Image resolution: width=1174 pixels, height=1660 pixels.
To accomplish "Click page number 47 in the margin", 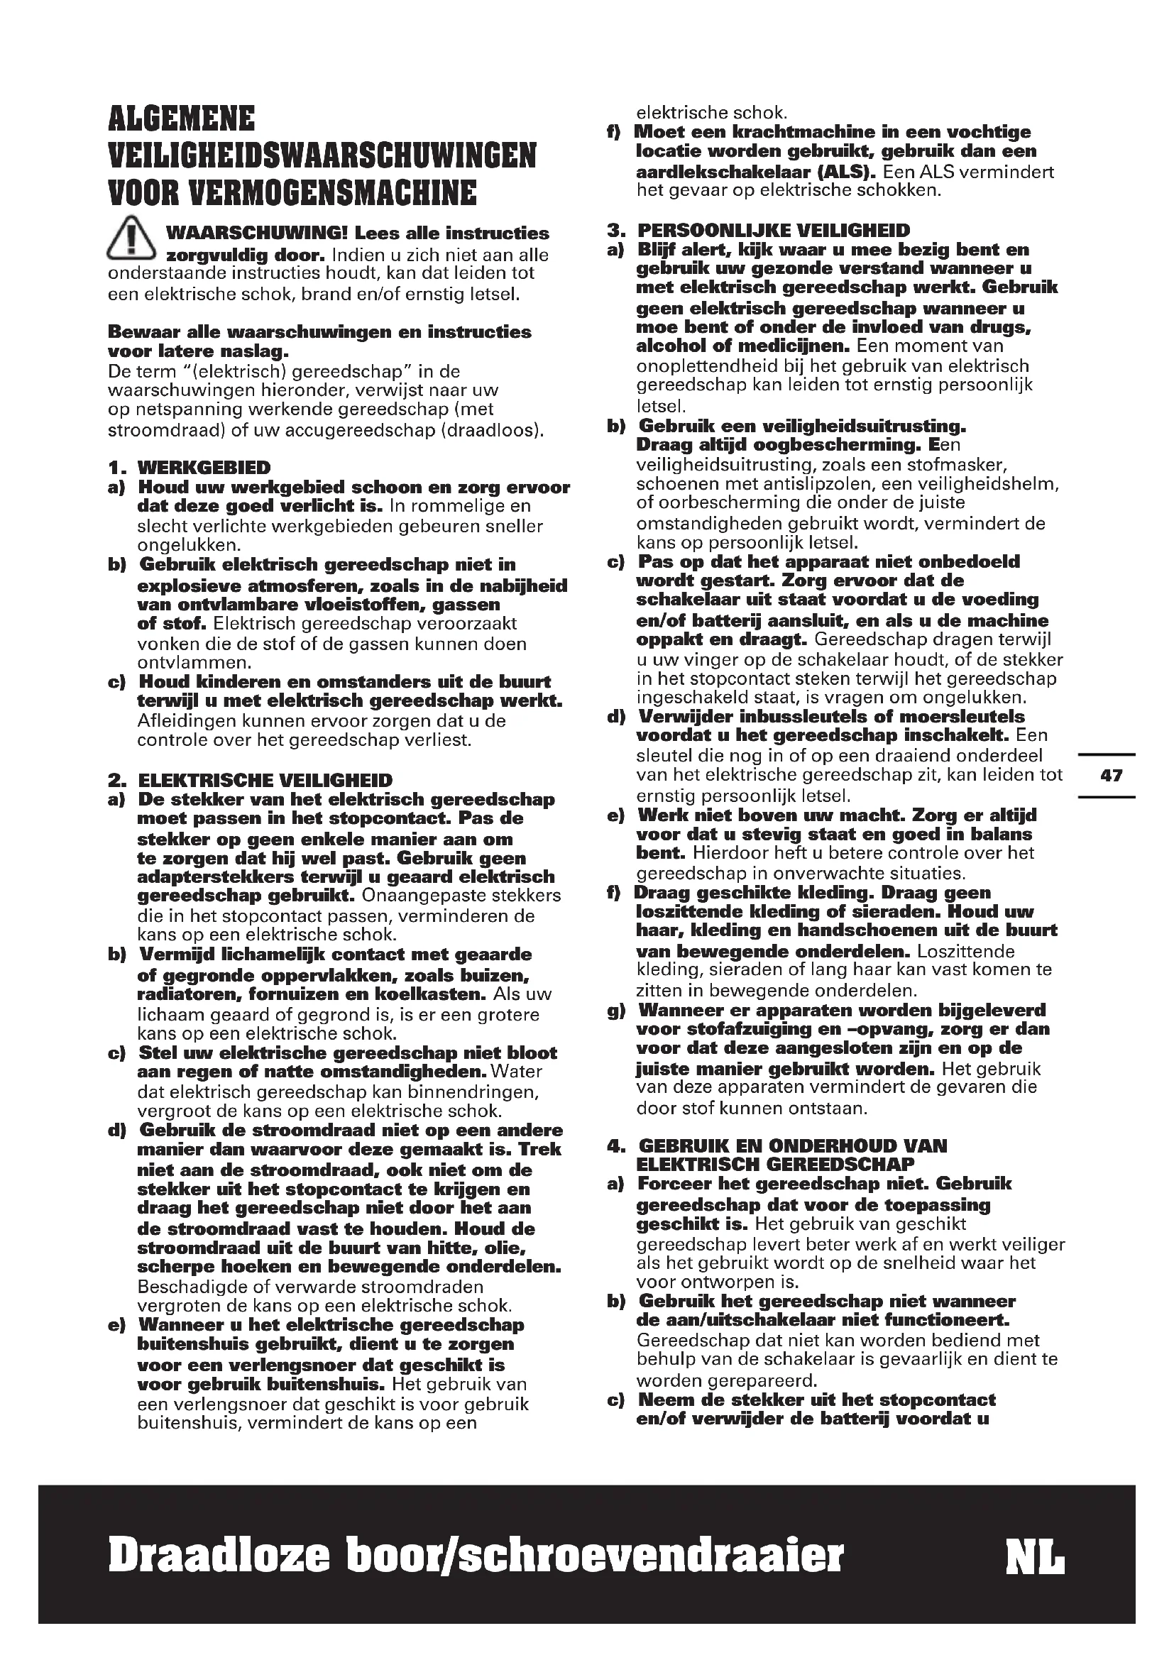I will tap(1111, 776).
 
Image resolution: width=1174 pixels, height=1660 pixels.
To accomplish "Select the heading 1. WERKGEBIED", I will tap(190, 468).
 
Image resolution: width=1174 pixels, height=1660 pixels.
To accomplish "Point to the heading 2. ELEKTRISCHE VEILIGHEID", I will tap(250, 780).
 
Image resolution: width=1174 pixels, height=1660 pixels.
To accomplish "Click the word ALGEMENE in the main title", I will tap(182, 119).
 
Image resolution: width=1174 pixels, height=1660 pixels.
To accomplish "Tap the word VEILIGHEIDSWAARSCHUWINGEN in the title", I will tap(322, 156).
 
